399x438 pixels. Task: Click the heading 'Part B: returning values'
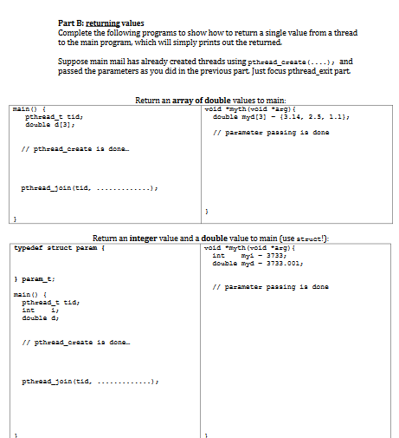101,22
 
